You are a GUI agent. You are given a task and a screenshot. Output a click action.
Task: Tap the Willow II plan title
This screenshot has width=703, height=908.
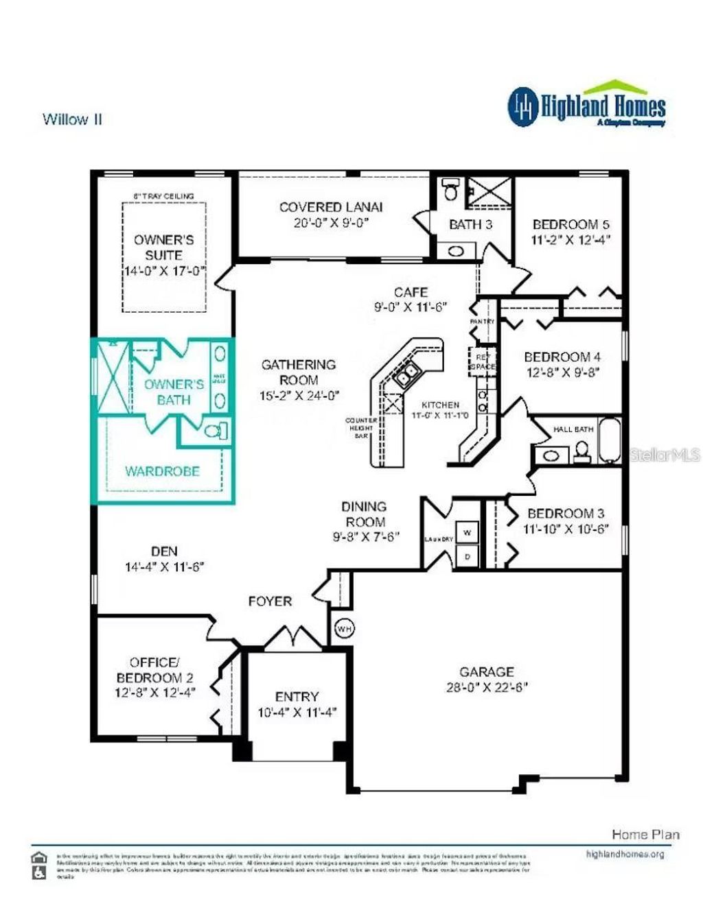click(72, 119)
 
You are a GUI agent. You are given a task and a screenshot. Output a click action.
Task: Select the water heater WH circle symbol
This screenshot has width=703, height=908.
click(344, 628)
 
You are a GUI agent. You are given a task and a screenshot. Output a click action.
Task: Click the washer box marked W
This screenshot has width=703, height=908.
click(468, 532)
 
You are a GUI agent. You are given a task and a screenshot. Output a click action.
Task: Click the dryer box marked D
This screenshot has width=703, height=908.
click(468, 556)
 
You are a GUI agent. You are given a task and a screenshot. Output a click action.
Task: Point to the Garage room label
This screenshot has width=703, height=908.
click(486, 672)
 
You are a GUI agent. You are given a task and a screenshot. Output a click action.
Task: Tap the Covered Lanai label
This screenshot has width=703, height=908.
click(331, 207)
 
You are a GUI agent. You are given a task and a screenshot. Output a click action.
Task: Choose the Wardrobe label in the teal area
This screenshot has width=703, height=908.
click(162, 471)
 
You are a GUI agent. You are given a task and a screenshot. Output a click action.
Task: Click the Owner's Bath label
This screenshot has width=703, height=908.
click(174, 392)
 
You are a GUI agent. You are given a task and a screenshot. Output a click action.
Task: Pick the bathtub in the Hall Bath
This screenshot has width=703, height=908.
click(610, 440)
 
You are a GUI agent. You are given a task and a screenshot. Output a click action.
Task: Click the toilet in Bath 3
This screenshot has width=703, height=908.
click(450, 190)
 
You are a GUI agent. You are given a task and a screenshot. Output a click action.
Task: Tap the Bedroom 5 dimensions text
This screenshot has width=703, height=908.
click(571, 240)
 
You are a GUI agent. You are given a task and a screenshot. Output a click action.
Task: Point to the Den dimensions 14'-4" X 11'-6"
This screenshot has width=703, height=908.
click(164, 567)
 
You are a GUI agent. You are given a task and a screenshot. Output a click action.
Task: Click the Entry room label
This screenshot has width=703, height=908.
click(297, 697)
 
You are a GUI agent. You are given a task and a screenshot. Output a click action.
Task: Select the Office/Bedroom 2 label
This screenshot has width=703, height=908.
click(154, 670)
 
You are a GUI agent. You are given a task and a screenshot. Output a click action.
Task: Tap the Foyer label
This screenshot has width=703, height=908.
click(270, 601)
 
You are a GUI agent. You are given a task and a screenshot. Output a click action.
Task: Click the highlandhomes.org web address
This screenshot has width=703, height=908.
click(625, 854)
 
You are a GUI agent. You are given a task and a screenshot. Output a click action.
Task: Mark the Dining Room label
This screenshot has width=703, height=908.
click(364, 514)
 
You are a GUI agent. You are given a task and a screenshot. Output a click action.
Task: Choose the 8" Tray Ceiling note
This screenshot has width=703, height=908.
click(163, 196)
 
